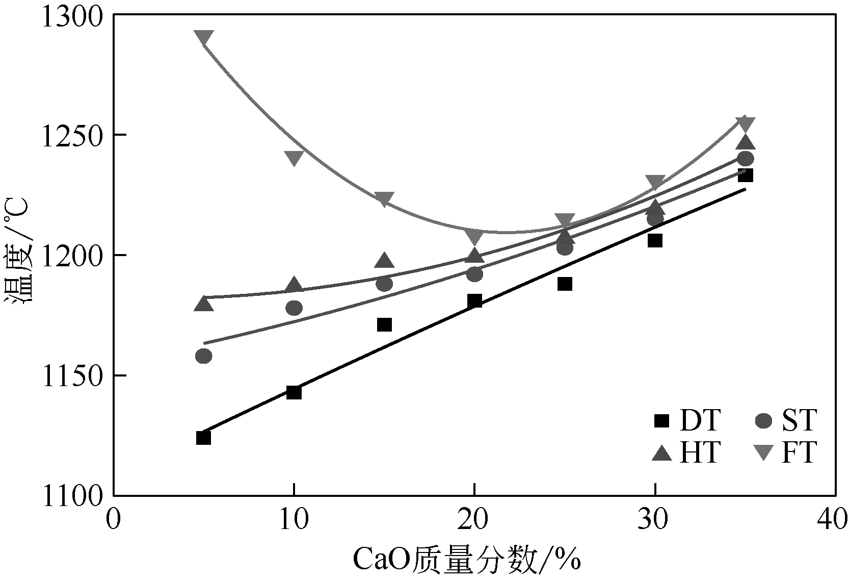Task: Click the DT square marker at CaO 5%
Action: (x=203, y=438)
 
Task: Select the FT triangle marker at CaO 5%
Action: (x=203, y=37)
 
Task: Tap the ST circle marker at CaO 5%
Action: (x=203, y=356)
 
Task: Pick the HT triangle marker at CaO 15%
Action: (x=384, y=261)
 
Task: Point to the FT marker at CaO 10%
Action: (x=294, y=158)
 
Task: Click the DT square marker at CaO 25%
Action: (x=565, y=284)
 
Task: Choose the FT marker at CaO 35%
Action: (x=745, y=123)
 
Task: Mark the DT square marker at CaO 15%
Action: (x=384, y=324)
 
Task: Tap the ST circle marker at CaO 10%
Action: (x=294, y=308)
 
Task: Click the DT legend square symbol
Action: (x=661, y=420)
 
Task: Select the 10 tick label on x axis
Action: (x=294, y=520)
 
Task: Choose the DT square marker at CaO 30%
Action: (x=655, y=240)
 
